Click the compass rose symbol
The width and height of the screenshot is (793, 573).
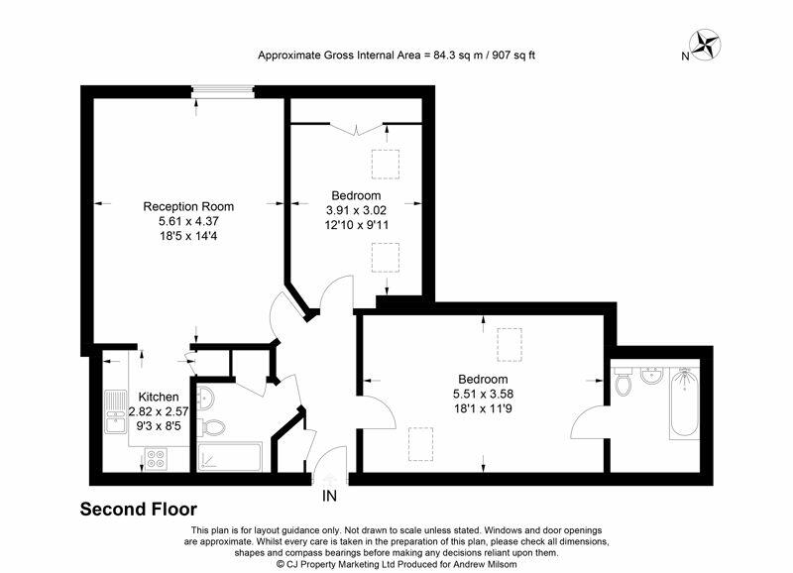[x=706, y=44]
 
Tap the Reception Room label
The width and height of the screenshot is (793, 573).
[x=188, y=206]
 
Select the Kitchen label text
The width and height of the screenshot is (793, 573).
[x=159, y=397]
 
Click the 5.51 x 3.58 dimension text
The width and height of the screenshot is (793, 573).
[x=483, y=394]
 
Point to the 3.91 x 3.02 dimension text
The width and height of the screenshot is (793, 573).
[x=353, y=209]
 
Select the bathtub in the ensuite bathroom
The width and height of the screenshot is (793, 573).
[x=684, y=405]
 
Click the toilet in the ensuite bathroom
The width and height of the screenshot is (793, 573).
[x=623, y=383]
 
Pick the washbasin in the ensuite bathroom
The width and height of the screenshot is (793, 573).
[x=652, y=376]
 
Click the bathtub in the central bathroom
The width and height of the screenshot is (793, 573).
[x=229, y=457]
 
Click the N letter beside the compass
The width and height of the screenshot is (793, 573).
[x=685, y=57]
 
